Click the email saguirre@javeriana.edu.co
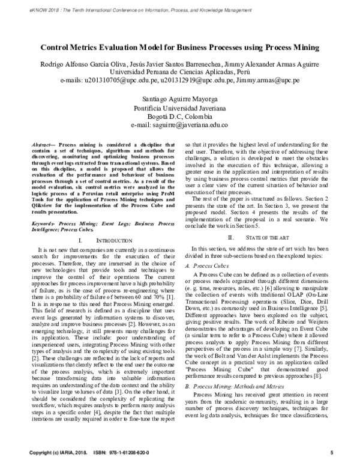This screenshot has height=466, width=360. coord(179,125)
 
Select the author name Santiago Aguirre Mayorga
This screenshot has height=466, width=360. coord(179,98)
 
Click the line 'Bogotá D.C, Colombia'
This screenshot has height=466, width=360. coord(179,116)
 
